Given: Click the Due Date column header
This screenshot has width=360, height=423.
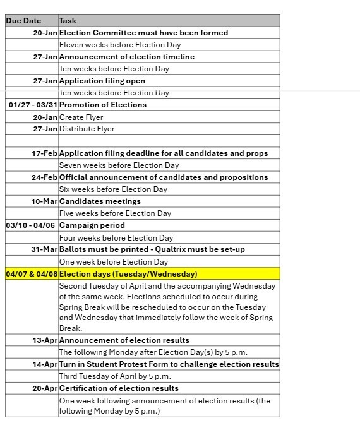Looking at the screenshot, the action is (23, 21).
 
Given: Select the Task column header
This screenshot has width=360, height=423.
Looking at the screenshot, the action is (68, 21).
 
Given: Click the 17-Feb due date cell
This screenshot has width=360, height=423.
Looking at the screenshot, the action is (44, 153).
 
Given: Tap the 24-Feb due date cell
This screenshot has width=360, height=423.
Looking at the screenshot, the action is (44, 177).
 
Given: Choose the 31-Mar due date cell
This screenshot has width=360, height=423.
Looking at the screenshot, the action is (44, 249).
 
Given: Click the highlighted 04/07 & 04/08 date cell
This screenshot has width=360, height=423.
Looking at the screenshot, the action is (32, 274).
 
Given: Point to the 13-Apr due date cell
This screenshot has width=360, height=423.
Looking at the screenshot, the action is (45, 340).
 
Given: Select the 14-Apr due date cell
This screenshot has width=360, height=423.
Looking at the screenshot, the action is (45, 364).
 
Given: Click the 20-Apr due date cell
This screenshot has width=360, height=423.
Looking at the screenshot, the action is (45, 388).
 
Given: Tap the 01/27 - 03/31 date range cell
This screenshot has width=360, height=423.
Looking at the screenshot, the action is (33, 105).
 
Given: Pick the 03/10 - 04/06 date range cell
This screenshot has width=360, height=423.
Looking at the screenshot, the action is (30, 225).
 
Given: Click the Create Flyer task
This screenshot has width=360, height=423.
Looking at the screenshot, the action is (81, 117).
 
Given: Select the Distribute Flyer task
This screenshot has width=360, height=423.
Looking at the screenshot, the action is (87, 129).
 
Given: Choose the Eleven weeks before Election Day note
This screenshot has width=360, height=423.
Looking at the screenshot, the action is (120, 45).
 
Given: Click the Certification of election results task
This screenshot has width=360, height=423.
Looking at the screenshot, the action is (119, 388).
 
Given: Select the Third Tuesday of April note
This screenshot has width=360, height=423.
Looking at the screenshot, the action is (115, 376).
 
